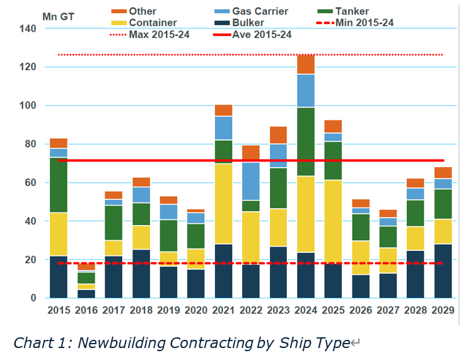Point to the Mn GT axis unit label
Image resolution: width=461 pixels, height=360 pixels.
coord(58,16)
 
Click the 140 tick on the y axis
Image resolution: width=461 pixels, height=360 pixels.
coord(27,28)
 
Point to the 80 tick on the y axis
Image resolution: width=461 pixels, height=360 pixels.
coord(30,144)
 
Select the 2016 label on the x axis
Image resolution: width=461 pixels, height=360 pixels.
coord(86,310)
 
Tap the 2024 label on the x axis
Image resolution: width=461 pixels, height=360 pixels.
coord(306,310)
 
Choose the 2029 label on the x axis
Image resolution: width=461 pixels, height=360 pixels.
coord(443,310)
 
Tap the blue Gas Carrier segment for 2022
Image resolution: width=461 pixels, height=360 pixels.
coord(251,182)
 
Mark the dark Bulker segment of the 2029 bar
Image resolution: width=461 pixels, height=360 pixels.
coord(443,271)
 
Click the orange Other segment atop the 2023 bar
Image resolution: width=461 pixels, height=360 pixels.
coord(278,135)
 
